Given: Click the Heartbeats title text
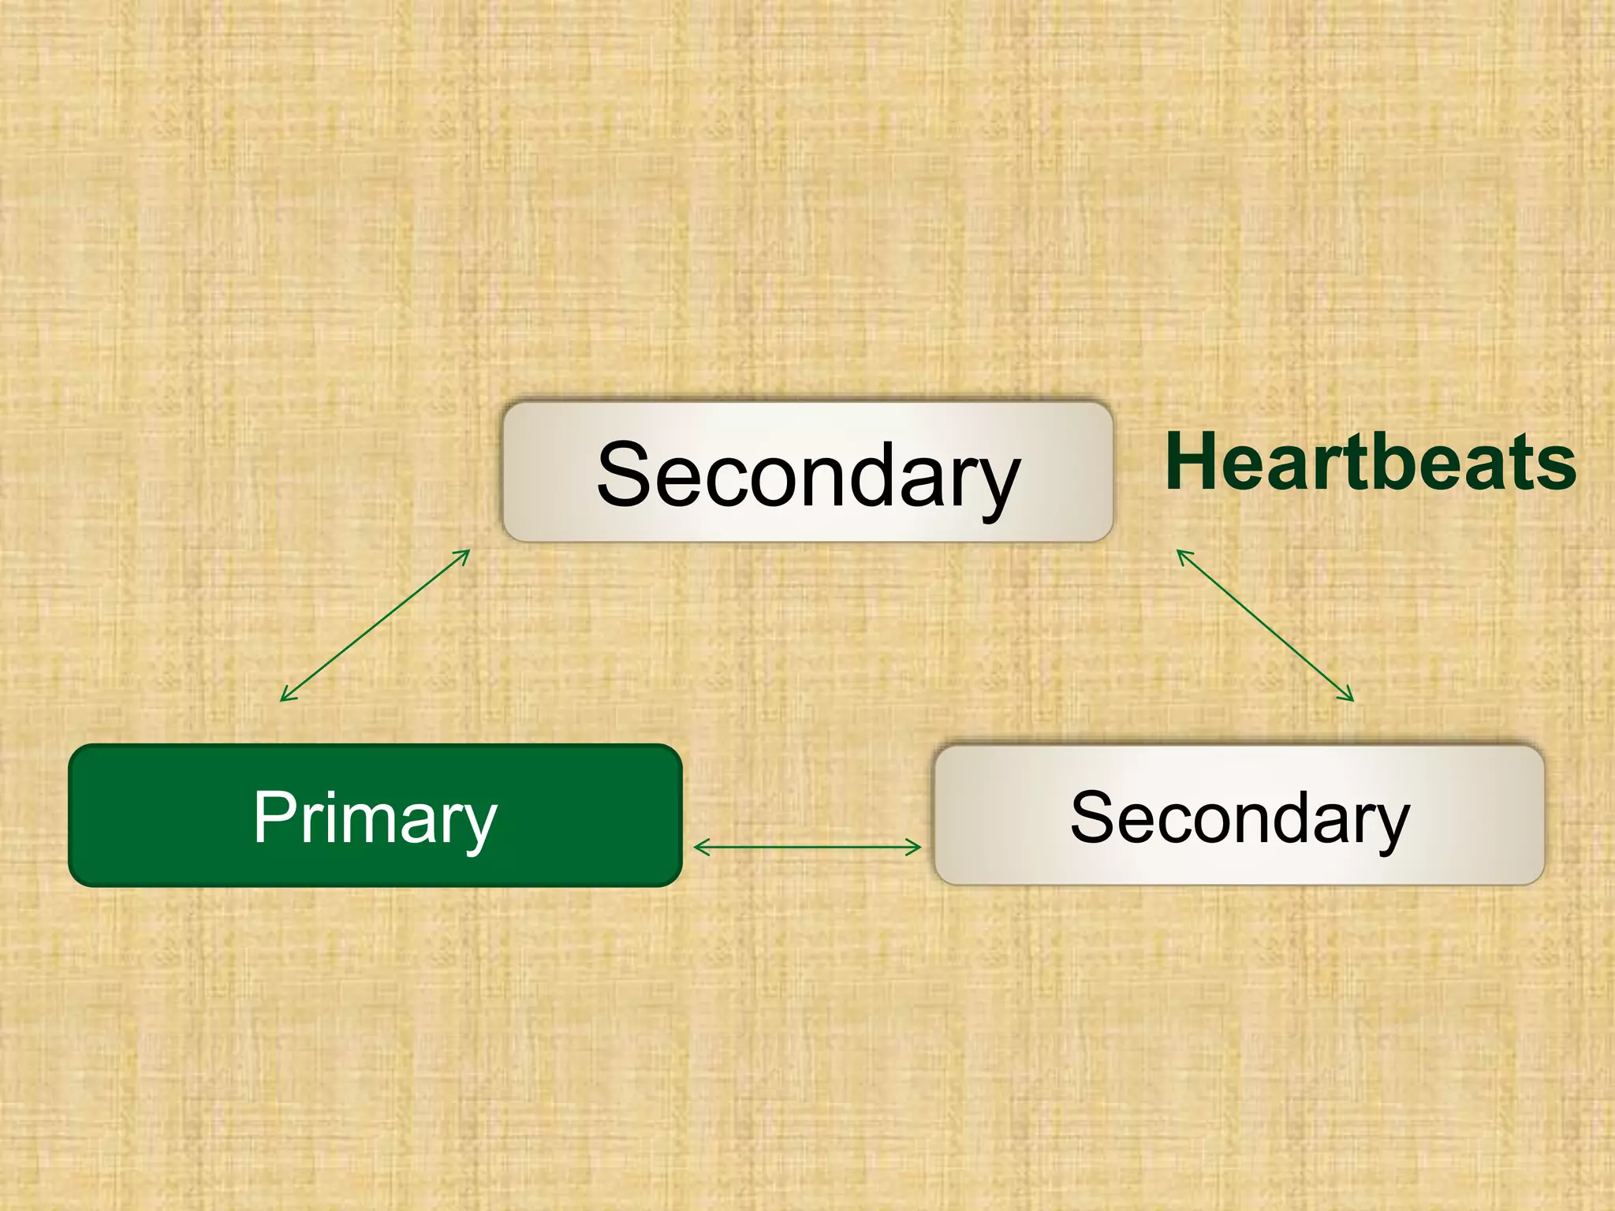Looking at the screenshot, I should (1371, 463).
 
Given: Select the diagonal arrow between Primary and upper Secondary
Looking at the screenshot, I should (375, 625).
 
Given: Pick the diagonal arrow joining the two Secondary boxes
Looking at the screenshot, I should (1265, 625).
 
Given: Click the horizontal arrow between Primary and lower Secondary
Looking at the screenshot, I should (807, 848).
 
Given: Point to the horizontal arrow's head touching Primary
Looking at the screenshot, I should (699, 848).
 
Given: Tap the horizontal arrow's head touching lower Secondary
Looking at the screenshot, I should (916, 848).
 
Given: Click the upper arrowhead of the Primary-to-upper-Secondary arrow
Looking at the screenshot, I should (464, 554).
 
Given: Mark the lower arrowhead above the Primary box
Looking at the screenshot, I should (286, 696).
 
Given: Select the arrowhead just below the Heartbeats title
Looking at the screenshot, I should (1181, 554).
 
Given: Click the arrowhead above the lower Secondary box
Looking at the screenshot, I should (1348, 696).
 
